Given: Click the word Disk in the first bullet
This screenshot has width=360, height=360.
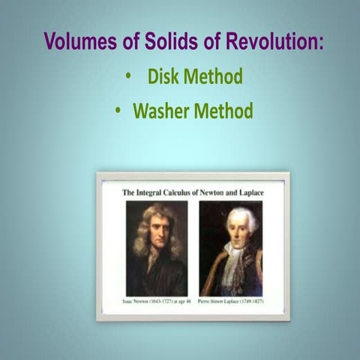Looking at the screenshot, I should pos(163,76).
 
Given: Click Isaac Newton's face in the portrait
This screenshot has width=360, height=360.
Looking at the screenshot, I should pos(157,231).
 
